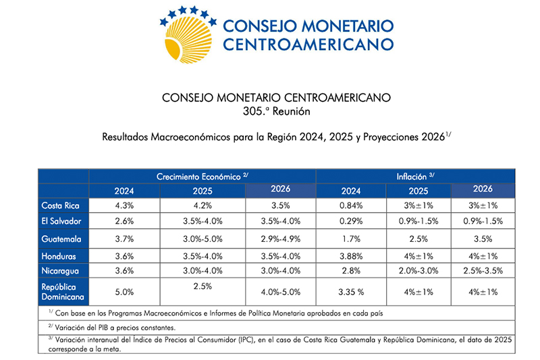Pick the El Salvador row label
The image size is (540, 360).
60,221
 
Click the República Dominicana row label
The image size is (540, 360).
62,291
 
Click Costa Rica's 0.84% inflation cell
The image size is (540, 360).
350,205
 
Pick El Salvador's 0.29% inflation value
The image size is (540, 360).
350,221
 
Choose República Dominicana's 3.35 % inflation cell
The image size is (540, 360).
350,292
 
